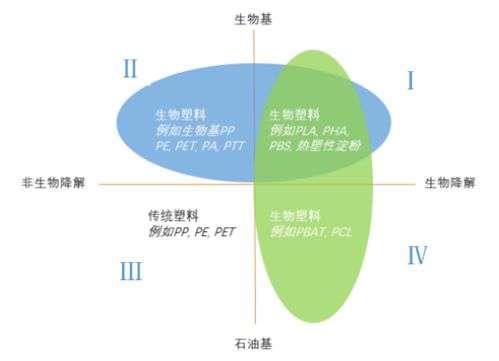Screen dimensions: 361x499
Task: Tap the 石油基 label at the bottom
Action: (x=253, y=343)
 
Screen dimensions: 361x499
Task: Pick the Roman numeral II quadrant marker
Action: (x=130, y=70)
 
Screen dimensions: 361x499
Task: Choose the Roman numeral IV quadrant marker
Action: (x=417, y=256)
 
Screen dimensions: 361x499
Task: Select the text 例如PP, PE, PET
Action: (x=192, y=232)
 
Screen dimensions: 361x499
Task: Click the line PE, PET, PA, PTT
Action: (x=201, y=146)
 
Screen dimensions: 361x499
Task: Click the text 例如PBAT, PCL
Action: (x=311, y=232)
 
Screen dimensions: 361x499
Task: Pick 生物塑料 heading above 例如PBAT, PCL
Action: (x=295, y=216)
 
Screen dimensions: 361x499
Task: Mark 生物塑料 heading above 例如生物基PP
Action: (x=181, y=115)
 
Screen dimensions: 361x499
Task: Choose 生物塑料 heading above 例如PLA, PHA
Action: (x=295, y=115)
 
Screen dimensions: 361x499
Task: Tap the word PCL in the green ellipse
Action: (x=340, y=232)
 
